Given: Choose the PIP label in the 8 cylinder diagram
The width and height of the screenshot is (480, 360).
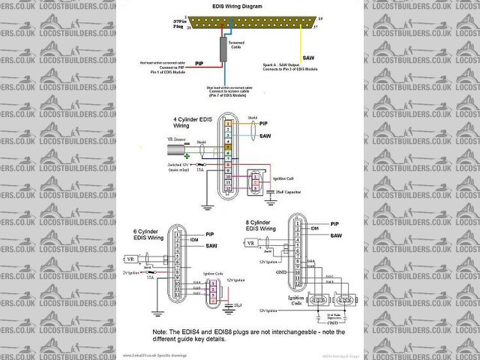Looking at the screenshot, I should pos(335,223).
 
